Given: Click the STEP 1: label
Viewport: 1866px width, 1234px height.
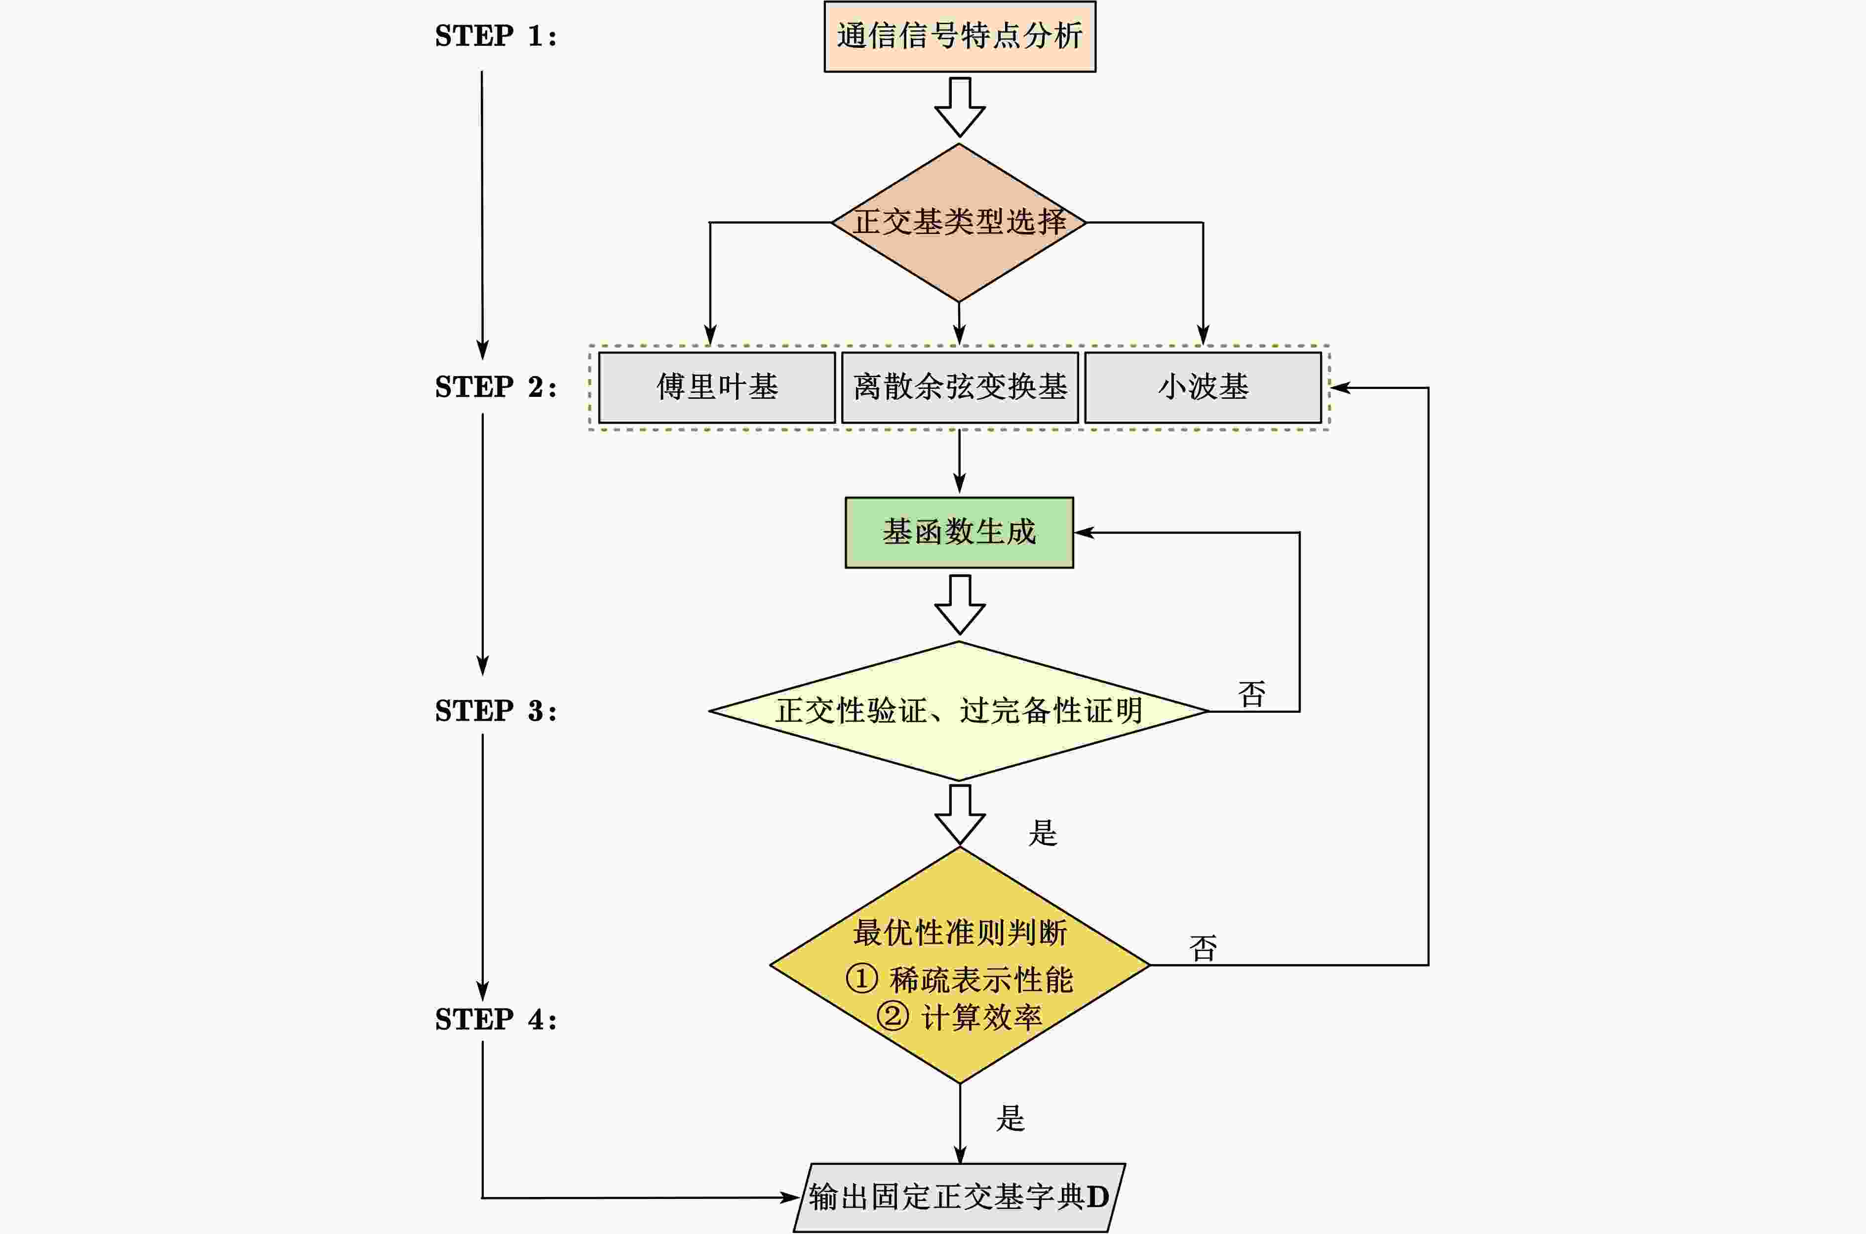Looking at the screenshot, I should [496, 36].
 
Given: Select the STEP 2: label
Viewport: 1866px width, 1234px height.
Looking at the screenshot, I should [496, 387].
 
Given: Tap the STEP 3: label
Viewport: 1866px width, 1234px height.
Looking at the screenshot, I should [496, 711].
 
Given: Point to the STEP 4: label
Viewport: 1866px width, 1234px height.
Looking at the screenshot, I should [496, 1020].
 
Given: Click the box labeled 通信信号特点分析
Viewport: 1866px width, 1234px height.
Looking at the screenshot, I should [959, 36].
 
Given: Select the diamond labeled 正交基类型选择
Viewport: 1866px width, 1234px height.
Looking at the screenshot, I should [959, 223].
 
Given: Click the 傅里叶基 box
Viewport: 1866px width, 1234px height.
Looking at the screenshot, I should [717, 387].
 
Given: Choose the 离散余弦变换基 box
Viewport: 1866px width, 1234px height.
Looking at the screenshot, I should [959, 387].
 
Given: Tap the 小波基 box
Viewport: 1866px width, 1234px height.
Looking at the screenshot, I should [1203, 387].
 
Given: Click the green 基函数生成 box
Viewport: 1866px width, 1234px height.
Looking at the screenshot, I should [959, 532].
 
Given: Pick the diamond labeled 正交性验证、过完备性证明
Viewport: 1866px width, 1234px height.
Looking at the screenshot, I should [959, 711].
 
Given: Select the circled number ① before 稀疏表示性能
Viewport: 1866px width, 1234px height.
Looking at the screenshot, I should [861, 979].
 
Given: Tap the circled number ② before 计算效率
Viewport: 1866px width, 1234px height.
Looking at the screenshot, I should [893, 1016].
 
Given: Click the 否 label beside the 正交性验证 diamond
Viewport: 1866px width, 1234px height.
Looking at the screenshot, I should [1251, 694].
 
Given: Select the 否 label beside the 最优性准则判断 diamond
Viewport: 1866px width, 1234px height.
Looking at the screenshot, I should [1203, 948].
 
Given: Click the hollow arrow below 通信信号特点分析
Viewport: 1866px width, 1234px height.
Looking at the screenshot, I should [959, 107].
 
